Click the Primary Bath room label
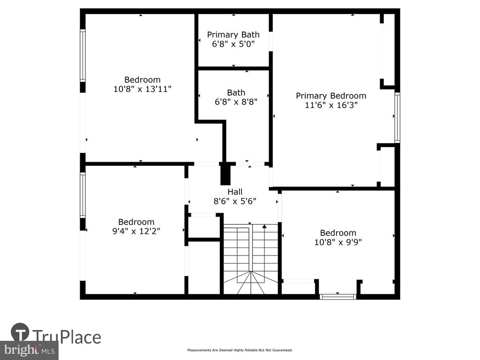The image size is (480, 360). point(233,35)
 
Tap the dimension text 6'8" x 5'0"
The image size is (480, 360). point(233,44)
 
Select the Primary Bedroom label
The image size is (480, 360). point(331,96)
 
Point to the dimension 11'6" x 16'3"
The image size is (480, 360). point(331,105)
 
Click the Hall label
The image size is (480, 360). point(235,192)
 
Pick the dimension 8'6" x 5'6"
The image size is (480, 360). point(235,202)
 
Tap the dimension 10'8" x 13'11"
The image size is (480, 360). point(142,89)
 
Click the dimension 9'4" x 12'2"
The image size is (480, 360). point(136,231)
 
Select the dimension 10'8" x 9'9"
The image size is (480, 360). point(338,242)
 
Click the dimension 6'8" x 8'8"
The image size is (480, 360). point(236,102)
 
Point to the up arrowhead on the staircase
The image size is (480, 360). point(264,226)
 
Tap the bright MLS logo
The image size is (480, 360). point(30,350)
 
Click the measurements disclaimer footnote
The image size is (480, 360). point(240,350)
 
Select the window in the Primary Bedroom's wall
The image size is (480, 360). point(397,118)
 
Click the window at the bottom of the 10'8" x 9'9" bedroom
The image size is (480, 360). point(338,297)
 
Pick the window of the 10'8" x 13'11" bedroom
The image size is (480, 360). point(82,55)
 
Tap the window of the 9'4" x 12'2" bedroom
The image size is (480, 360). point(82,195)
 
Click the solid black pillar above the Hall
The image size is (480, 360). point(225,173)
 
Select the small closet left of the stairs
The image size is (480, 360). point(204,226)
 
